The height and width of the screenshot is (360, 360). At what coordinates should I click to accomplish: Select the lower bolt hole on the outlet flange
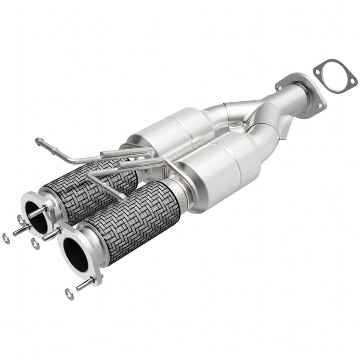click(319, 105)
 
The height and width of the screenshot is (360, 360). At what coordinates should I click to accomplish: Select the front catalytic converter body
click(225, 172)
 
